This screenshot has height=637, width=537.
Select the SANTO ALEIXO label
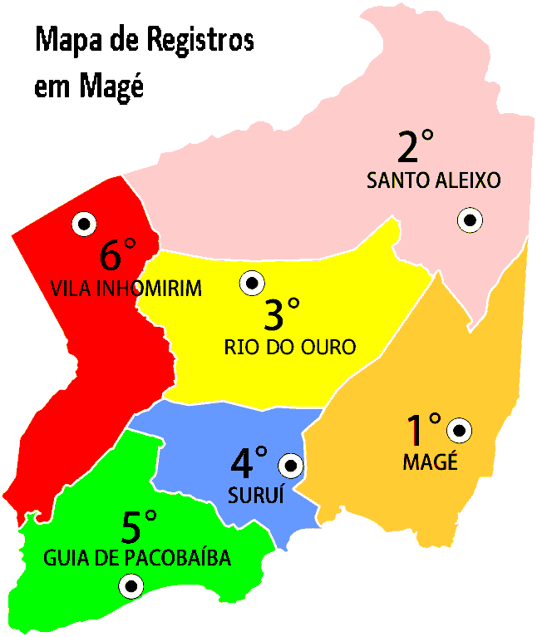pos(434,180)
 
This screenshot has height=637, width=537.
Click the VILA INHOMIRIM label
pos(126,289)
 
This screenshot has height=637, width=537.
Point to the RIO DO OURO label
pos(290,348)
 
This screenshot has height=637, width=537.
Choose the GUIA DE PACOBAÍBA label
pos(137,557)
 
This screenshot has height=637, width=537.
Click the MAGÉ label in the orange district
pos(430,462)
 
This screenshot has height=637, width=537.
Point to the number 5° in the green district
pos(138,526)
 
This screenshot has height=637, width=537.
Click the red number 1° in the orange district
pos(422,430)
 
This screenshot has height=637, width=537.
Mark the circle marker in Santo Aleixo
pos(470,220)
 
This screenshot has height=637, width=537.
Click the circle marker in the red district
pos(84,223)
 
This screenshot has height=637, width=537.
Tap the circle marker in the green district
pos(131,587)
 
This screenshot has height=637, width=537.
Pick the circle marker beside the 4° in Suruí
pos(291,466)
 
